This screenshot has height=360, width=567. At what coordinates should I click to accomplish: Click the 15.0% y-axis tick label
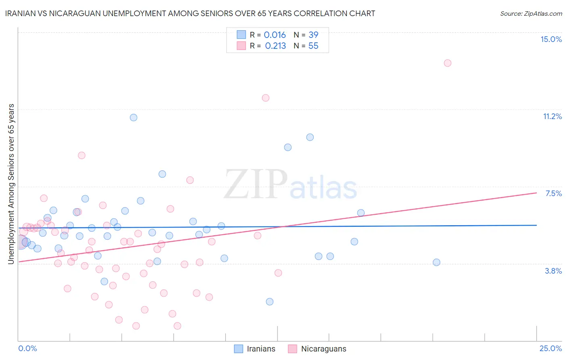pyautogui.click(x=551, y=39)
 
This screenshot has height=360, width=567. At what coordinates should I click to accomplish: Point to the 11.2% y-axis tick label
pyautogui.click(x=552, y=116)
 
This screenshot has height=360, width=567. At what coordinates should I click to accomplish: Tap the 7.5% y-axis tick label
pyautogui.click(x=553, y=193)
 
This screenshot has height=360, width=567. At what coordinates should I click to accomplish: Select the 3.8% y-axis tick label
pyautogui.click(x=553, y=271)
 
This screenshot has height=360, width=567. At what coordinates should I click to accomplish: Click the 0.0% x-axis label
pyautogui.click(x=27, y=348)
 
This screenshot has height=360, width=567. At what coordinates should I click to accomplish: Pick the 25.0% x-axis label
pyautogui.click(x=550, y=348)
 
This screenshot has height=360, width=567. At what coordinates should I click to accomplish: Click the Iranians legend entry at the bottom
pyautogui.click(x=255, y=349)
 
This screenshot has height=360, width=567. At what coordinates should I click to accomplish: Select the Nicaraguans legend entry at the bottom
pyautogui.click(x=317, y=349)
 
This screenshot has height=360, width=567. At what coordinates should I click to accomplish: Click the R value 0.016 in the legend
pyautogui.click(x=275, y=35)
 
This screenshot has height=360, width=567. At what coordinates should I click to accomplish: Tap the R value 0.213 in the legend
pyautogui.click(x=275, y=46)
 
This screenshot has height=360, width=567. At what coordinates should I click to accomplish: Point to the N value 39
pyautogui.click(x=313, y=35)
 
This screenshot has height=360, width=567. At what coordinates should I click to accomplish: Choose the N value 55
pyautogui.click(x=313, y=46)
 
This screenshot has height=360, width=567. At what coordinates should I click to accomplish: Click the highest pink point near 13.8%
pyautogui.click(x=447, y=63)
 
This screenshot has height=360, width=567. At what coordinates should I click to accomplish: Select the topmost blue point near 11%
pyautogui.click(x=133, y=117)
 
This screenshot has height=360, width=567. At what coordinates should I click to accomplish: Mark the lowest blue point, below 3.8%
pyautogui.click(x=269, y=301)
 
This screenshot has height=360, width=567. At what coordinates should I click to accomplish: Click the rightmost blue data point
pyautogui.click(x=436, y=262)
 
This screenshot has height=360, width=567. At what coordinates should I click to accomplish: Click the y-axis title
pyautogui.click(x=11, y=184)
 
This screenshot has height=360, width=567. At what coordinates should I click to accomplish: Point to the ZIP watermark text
pyautogui.click(x=256, y=185)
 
